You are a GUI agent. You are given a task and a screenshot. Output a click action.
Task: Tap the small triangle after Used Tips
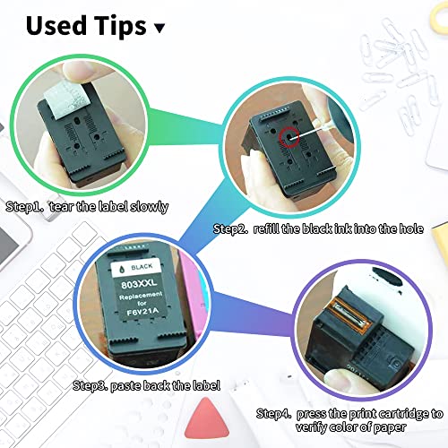point(159,28)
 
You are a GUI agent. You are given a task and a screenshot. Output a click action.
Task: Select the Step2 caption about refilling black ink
point(317,229)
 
